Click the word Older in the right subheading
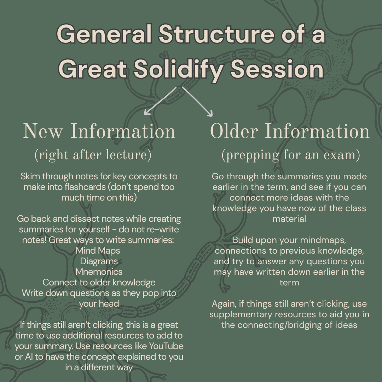234,132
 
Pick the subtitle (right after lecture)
93,155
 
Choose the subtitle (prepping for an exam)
290,155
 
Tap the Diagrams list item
99,261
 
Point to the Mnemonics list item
99,272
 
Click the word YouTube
165,346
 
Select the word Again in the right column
224,303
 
